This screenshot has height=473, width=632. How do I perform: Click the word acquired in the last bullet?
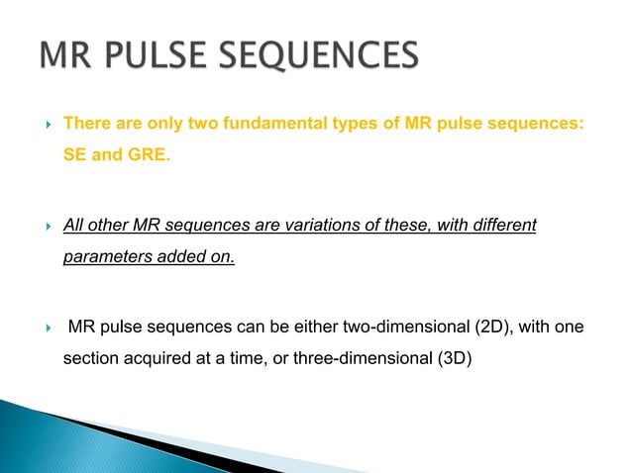click(x=162, y=359)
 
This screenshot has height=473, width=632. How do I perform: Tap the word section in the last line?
click(x=90, y=359)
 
